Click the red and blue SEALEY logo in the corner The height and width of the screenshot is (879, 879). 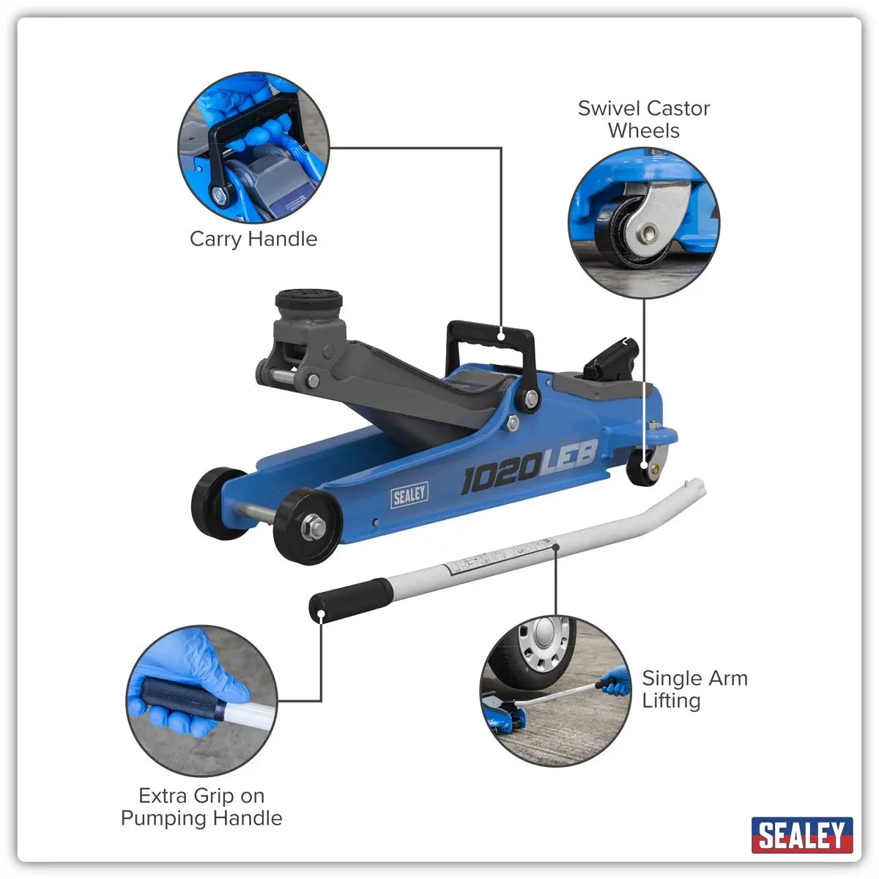tap(801, 835)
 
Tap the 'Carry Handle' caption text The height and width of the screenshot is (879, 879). tap(253, 239)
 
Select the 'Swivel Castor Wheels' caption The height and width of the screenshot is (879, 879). tap(643, 119)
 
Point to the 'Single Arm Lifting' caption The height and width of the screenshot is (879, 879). tap(694, 689)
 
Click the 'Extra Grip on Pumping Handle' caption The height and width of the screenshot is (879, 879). tap(201, 806)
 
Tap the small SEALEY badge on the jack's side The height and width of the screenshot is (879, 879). tap(409, 495)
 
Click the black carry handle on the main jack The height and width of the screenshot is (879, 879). tap(491, 337)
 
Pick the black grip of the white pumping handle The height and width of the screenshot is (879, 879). tap(350, 600)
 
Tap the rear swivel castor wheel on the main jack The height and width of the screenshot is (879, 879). tap(642, 466)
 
